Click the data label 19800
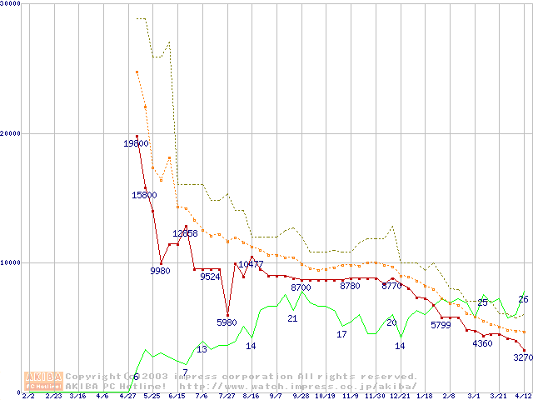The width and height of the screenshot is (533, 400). pos(136,143)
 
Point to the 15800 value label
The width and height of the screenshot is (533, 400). pos(144,195)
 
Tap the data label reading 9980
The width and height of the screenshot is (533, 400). pos(160,271)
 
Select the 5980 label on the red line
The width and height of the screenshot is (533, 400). pos(227,322)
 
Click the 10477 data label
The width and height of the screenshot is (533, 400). pos(251,265)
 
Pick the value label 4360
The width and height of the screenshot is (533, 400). pos(482,343)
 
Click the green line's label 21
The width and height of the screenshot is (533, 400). pos(292,318)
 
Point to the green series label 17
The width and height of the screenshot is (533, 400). pos(341,334)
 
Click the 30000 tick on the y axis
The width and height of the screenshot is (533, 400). pos(11,5)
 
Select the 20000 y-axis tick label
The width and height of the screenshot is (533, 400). pos(11,133)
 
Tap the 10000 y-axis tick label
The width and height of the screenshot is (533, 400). pos(11,262)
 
